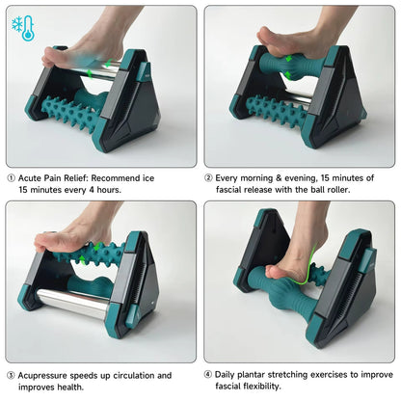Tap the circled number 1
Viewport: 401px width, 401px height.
click(x=12, y=178)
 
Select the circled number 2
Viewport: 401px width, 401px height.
click(x=209, y=178)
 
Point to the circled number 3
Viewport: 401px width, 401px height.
click(x=12, y=375)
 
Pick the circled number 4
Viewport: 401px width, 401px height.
click(x=209, y=375)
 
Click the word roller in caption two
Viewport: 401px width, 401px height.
click(x=352, y=191)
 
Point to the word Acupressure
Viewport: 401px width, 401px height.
click(x=47, y=375)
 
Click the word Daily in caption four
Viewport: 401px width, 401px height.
click(x=227, y=375)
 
